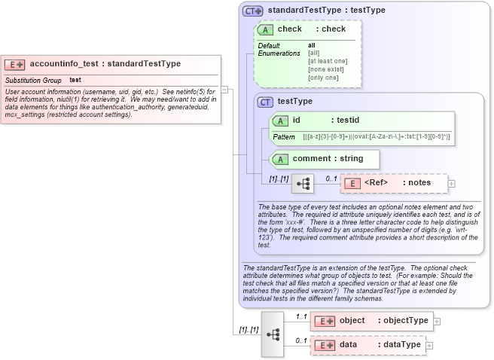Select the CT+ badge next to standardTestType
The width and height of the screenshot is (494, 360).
click(252, 11)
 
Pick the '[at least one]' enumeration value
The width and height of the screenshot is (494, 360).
click(328, 61)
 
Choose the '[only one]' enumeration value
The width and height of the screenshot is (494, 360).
click(323, 78)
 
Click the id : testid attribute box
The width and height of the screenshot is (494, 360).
click(362, 120)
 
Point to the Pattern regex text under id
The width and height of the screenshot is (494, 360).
click(376, 136)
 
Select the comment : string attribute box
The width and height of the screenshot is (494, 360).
click(325, 159)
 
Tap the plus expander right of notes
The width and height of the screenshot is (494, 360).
click(451, 183)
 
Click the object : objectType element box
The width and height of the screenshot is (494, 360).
click(372, 321)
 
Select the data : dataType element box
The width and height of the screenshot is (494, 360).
click(368, 345)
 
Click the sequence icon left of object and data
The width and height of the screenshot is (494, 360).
click(273, 333)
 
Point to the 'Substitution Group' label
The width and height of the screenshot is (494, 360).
click(33, 80)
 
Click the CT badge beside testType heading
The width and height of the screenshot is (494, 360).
click(265, 102)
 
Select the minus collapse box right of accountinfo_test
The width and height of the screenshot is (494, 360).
click(224, 90)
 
